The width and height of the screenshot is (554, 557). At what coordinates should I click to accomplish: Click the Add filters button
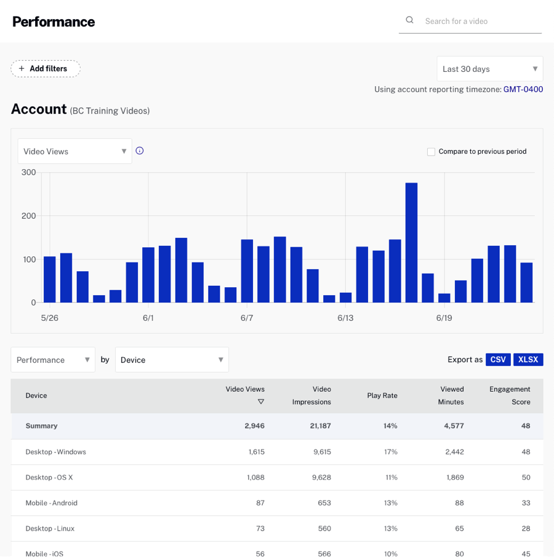pyautogui.click(x=46, y=69)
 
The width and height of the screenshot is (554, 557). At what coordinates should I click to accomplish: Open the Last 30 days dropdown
pyautogui.click(x=489, y=69)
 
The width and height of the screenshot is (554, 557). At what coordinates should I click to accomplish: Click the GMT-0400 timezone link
pyautogui.click(x=523, y=89)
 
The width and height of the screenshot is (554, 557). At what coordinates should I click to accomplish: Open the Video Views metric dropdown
pyautogui.click(x=74, y=151)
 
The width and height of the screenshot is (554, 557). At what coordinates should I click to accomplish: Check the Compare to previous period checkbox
pyautogui.click(x=431, y=151)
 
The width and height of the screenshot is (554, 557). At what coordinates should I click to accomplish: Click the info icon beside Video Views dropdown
pyautogui.click(x=140, y=151)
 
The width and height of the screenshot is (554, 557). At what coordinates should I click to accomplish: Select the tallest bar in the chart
pyautogui.click(x=411, y=242)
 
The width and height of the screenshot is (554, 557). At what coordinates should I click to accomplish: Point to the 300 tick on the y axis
pyautogui.click(x=29, y=172)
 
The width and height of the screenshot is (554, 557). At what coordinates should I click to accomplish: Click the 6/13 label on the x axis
pyautogui.click(x=345, y=318)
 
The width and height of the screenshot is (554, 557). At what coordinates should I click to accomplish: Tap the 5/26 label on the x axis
pyautogui.click(x=50, y=318)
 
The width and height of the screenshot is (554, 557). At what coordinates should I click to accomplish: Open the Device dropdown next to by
pyautogui.click(x=172, y=360)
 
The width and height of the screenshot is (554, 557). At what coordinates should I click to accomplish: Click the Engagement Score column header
pyautogui.click(x=510, y=395)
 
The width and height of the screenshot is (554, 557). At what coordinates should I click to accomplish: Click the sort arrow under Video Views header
pyautogui.click(x=261, y=401)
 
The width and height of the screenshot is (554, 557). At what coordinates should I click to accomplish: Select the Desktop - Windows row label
pyautogui.click(x=55, y=452)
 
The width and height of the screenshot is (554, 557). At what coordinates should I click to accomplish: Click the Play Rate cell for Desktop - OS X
pyautogui.click(x=390, y=477)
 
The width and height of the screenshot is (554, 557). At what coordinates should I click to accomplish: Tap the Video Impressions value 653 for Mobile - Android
pyautogui.click(x=324, y=503)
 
